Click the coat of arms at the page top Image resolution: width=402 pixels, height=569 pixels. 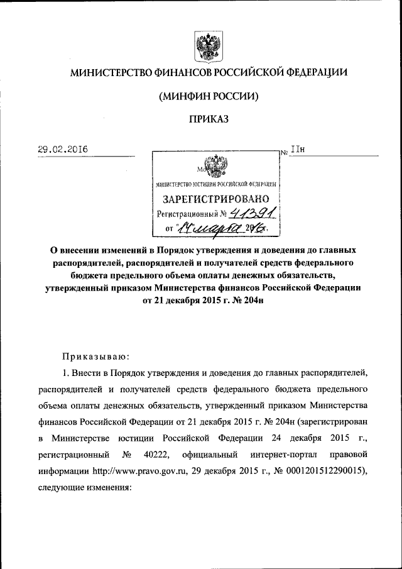[206, 47]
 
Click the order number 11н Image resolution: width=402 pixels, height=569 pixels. [297, 150]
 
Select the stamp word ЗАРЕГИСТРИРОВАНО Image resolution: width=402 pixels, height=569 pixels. [217, 199]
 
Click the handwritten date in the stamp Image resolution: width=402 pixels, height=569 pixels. [217, 229]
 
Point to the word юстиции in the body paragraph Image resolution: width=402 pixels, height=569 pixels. [146, 438]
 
